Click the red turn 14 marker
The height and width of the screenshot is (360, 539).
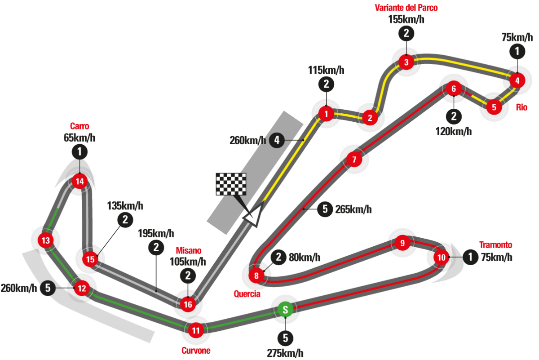click(80, 182)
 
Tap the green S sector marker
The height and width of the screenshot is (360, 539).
click(285, 310)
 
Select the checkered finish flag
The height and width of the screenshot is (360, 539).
click(231, 184)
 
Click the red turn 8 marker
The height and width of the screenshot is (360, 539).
click(256, 276)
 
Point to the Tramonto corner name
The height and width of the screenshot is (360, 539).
click(495, 245)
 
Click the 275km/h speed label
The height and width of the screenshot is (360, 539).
click(285, 354)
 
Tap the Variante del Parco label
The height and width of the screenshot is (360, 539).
click(406, 8)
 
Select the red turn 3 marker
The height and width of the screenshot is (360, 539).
click(406, 62)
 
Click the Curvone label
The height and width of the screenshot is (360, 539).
click(196, 351)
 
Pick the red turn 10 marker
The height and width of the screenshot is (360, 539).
click(442, 258)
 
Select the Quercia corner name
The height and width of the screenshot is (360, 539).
click(247, 294)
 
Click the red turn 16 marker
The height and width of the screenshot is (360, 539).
click(187, 305)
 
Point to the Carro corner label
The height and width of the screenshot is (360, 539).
click(80, 126)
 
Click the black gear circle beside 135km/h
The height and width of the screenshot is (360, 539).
click(125, 220)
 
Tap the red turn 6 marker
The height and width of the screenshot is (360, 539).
click(454, 89)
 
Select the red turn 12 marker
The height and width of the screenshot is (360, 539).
click(81, 288)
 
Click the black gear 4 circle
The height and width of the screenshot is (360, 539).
click(277, 141)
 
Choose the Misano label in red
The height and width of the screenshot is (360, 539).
click(189, 250)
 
